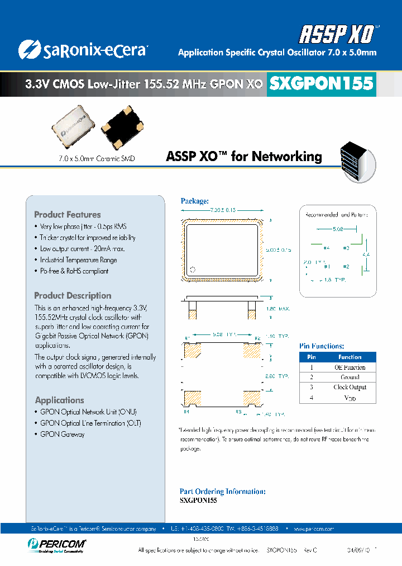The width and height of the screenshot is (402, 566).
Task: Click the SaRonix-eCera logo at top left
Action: click(x=83, y=50)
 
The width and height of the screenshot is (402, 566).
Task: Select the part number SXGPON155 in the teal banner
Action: click(x=321, y=83)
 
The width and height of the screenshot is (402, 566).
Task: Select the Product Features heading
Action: click(x=68, y=215)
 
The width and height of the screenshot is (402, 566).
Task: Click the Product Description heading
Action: click(x=73, y=295)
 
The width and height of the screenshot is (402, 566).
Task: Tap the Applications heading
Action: click(x=59, y=400)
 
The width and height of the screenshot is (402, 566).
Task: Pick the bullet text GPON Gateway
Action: click(x=62, y=434)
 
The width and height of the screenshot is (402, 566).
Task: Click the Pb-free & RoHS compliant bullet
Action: click(x=74, y=271)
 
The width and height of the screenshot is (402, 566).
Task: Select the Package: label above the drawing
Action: click(x=194, y=201)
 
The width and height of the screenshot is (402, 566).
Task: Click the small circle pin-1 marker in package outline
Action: click(x=193, y=270)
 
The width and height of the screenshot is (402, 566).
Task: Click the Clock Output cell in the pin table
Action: click(x=350, y=387)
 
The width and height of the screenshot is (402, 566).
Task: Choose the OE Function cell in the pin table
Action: click(x=350, y=367)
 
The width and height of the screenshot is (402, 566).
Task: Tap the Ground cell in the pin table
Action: click(x=350, y=378)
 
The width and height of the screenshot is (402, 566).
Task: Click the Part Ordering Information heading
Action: click(x=222, y=491)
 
